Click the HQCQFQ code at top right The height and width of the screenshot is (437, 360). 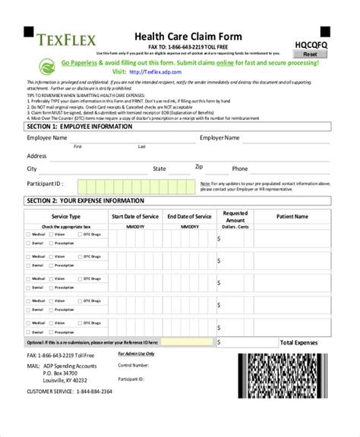point(309,43)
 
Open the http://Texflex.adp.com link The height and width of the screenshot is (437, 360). point(157,72)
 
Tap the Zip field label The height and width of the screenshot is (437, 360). point(199,166)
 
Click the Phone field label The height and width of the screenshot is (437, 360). point(240,168)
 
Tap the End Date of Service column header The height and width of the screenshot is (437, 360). point(189,216)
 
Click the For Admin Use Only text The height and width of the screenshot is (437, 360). point(136,354)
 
